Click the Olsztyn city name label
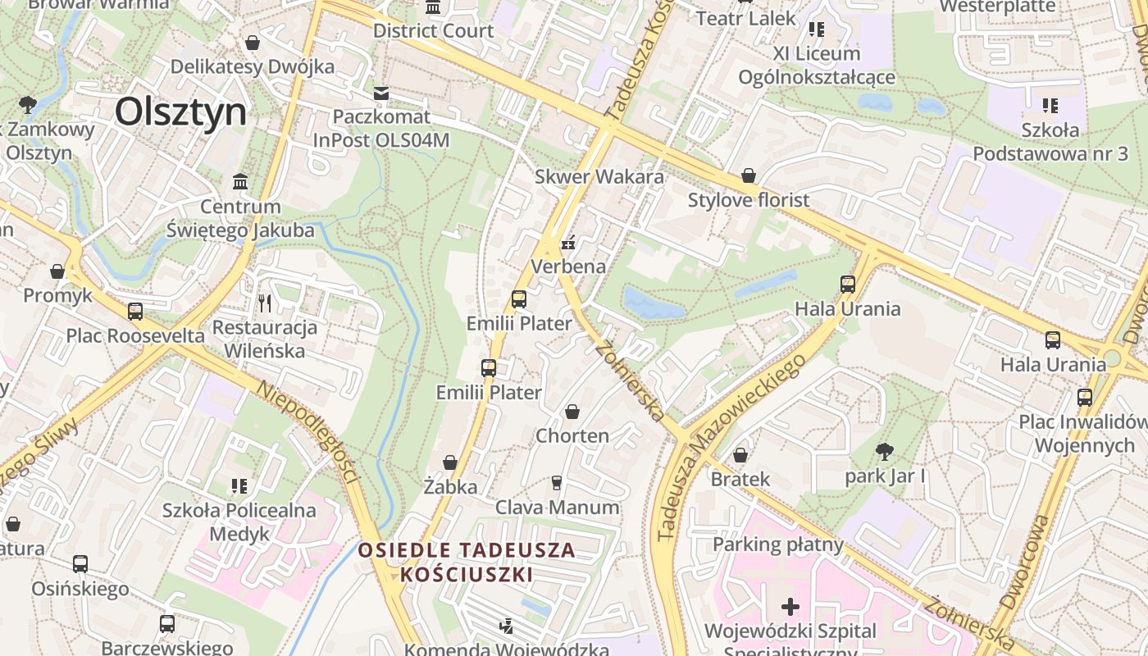click(180, 112)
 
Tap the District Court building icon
click(433, 7)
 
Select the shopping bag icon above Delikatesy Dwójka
click(253, 43)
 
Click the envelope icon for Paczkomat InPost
click(381, 93)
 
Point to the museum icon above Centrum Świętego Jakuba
click(240, 181)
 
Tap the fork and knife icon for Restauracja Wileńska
click(264, 303)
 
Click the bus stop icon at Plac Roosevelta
click(135, 312)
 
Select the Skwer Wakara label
click(599, 176)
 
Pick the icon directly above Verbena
click(568, 243)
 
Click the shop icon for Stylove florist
click(748, 175)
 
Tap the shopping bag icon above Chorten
click(572, 412)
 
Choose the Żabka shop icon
click(450, 463)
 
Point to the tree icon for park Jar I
click(884, 451)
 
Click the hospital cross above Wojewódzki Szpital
click(790, 607)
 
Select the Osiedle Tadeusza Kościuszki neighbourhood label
click(467, 562)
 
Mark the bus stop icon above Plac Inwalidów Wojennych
click(1085, 398)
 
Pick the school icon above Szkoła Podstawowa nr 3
click(1050, 106)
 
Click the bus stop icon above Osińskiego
click(80, 564)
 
